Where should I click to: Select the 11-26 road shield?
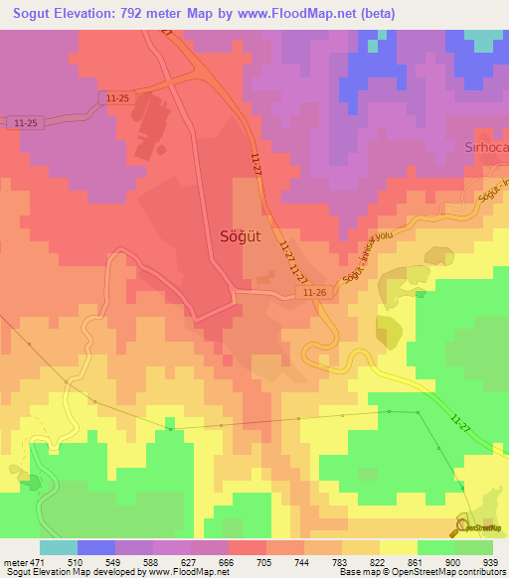(x=314, y=292)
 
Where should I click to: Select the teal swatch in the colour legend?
(x=58, y=547)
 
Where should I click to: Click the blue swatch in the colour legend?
(x=95, y=547)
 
